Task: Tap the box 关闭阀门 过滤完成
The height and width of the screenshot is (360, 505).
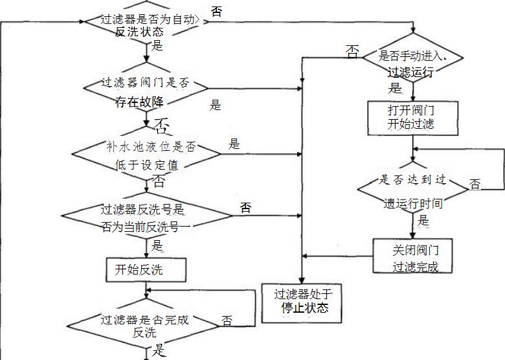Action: click(411, 257)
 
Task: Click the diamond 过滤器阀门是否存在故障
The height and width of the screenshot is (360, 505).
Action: click(147, 91)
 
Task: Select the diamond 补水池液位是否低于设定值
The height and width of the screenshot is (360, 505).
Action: click(146, 156)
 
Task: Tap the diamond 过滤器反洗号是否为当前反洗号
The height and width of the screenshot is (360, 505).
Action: click(147, 218)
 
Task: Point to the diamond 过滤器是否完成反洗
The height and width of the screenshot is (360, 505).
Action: click(146, 326)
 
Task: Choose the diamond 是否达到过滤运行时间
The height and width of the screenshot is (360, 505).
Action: click(412, 191)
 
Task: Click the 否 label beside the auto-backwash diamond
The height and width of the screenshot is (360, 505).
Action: click(218, 11)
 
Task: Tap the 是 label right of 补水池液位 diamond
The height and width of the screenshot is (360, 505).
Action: click(234, 144)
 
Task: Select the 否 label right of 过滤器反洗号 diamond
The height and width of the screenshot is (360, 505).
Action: click(246, 208)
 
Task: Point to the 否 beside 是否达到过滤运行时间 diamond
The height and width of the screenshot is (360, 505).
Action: click(475, 185)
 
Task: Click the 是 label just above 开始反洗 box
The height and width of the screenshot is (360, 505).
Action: click(157, 245)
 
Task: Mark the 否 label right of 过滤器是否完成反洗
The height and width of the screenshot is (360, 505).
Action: click(227, 321)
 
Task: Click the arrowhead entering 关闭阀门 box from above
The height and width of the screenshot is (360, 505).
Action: click(412, 235)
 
